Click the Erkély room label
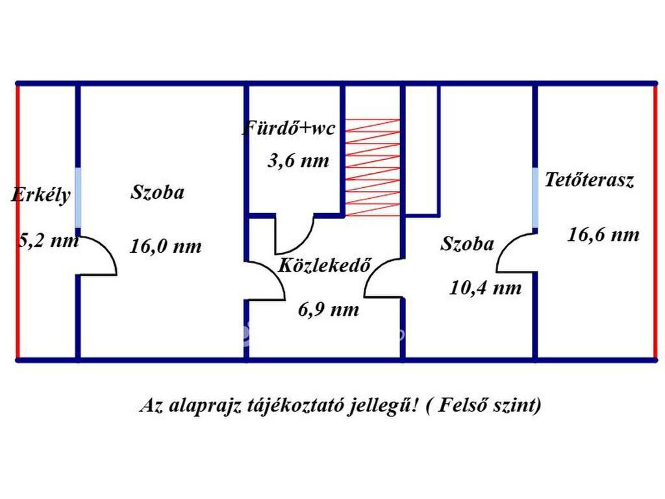point(41,196)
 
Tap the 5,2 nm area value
point(48,241)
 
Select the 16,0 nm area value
point(166,246)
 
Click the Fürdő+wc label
point(289,128)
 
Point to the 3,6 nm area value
point(299,161)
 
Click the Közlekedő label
point(325,265)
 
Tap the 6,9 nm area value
point(329,310)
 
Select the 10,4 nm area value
point(485,288)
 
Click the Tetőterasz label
point(590,179)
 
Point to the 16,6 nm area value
point(603,235)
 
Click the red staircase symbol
point(372,168)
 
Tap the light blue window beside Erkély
point(78,198)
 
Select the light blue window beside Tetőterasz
point(535,198)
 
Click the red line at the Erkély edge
point(18,222)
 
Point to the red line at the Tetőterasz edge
point(655,222)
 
